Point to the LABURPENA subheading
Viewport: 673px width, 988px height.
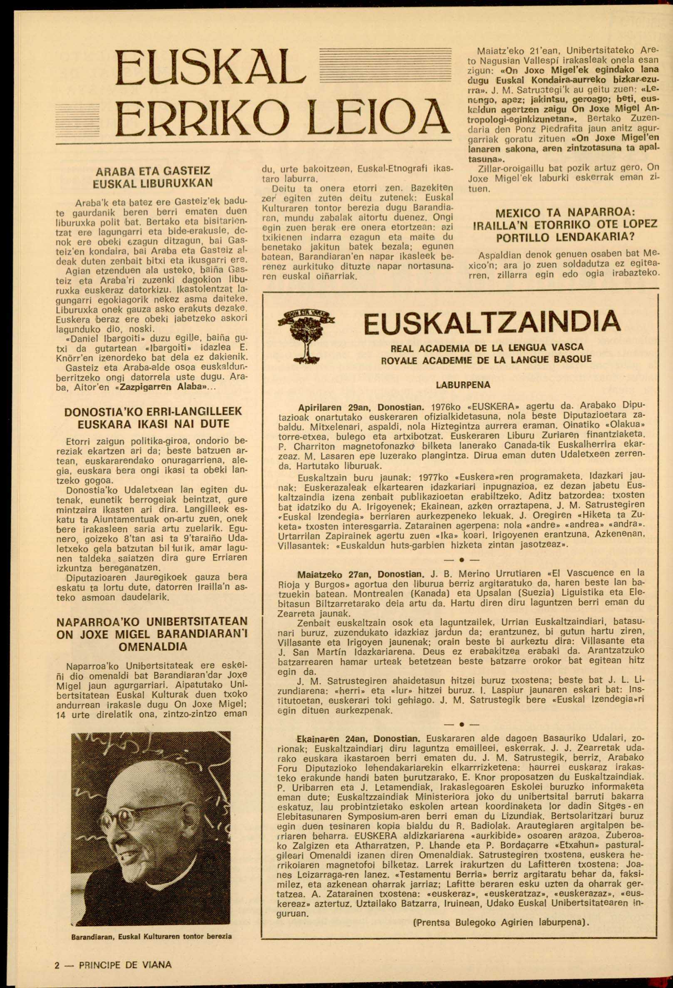[x=463, y=385]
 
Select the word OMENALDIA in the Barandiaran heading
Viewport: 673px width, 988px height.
[x=153, y=646]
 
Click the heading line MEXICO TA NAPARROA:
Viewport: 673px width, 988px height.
[x=565, y=213]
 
